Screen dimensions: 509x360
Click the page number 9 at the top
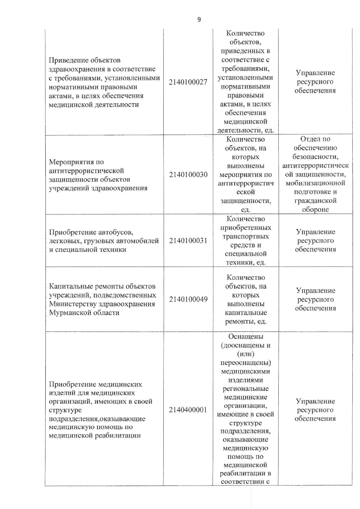coord(199,20)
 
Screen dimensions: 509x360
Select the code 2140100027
coord(188,82)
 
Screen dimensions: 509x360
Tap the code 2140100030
coord(188,175)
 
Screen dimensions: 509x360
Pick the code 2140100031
coord(188,241)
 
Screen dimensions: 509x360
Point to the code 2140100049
coord(188,299)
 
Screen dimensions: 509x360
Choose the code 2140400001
coord(188,410)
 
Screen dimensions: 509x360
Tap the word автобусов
coord(115,232)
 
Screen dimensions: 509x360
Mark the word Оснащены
coord(246,337)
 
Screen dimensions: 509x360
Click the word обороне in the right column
coord(315,210)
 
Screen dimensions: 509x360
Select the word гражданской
coord(315,201)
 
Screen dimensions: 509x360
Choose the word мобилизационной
coord(315,183)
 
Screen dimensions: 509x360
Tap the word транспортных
coord(246,237)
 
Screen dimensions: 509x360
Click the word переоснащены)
coord(246,363)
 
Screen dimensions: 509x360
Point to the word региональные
coord(246,389)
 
